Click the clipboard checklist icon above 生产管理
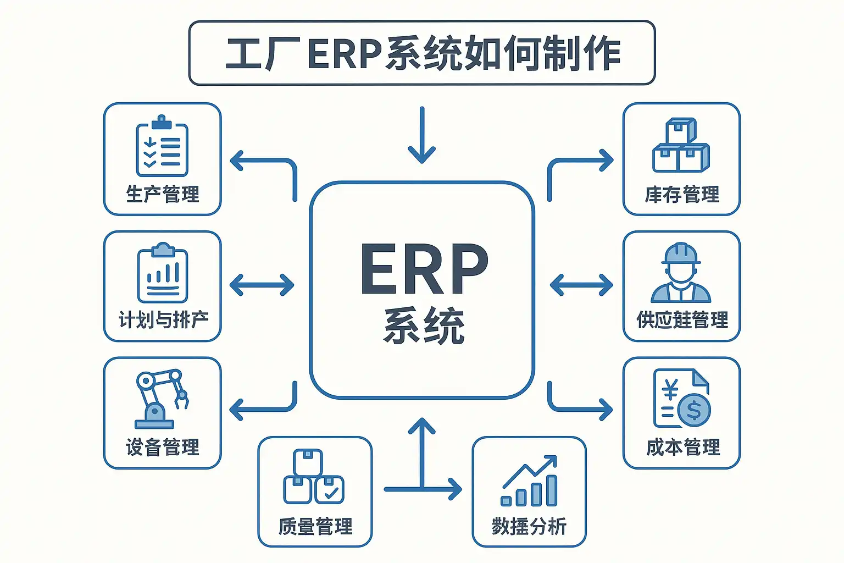pyautogui.click(x=162, y=146)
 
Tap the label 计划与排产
pyautogui.click(x=163, y=319)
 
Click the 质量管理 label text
pyautogui.click(x=315, y=526)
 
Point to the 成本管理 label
pyautogui.click(x=683, y=447)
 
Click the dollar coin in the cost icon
pyautogui.click(x=693, y=410)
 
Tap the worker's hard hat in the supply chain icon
pyautogui.click(x=681, y=254)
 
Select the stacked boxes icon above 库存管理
pyautogui.click(x=681, y=145)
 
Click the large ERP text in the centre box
pyautogui.click(x=424, y=269)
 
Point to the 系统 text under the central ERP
pyautogui.click(x=424, y=326)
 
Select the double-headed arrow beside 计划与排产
pyautogui.click(x=262, y=285)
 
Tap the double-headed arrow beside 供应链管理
pyautogui.click(x=581, y=285)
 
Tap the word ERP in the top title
pyautogui.click(x=345, y=54)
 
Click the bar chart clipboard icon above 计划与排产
pyautogui.click(x=163, y=273)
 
